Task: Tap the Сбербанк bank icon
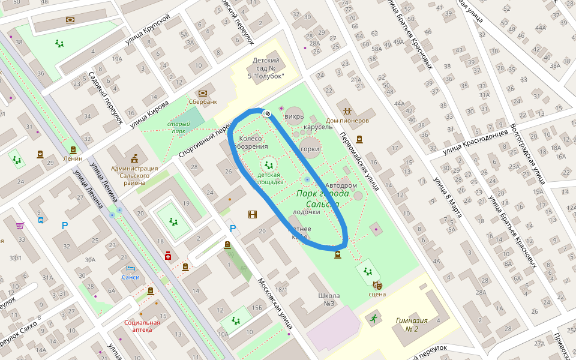tap(203, 93)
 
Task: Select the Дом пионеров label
tap(347, 120)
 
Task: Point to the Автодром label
tap(337, 185)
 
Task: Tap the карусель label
tap(318, 127)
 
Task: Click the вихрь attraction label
tap(294, 115)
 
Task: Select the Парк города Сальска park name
tap(317, 199)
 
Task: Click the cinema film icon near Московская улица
tap(253, 214)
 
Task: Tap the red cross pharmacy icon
tap(168, 256)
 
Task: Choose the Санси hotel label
tap(130, 277)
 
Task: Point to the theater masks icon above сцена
tap(377, 285)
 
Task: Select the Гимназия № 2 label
tap(412, 324)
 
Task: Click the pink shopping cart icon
tap(20, 226)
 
